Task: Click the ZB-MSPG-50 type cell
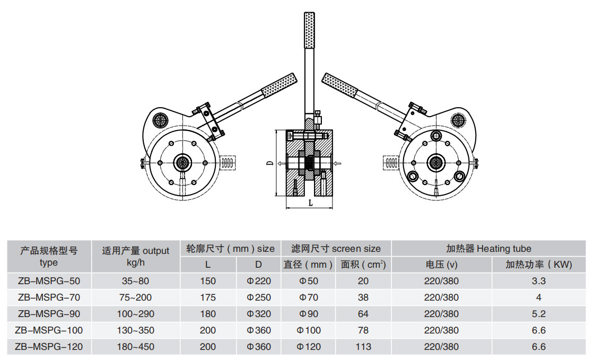click(x=49, y=281)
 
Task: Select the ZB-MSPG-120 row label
click(x=49, y=347)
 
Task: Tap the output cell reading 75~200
click(x=136, y=297)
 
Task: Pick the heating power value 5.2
click(x=538, y=314)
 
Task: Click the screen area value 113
click(x=363, y=347)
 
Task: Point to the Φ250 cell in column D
click(x=259, y=297)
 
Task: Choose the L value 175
click(x=208, y=297)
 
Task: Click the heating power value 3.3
click(x=538, y=281)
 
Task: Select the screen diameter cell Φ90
click(x=309, y=314)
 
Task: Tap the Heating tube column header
click(x=488, y=248)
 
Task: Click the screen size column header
click(x=336, y=248)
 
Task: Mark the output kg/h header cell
click(x=136, y=256)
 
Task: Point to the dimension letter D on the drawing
click(x=269, y=163)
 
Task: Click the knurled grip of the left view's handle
click(x=279, y=85)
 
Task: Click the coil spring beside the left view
click(x=227, y=162)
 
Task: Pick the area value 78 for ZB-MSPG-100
click(x=363, y=330)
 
